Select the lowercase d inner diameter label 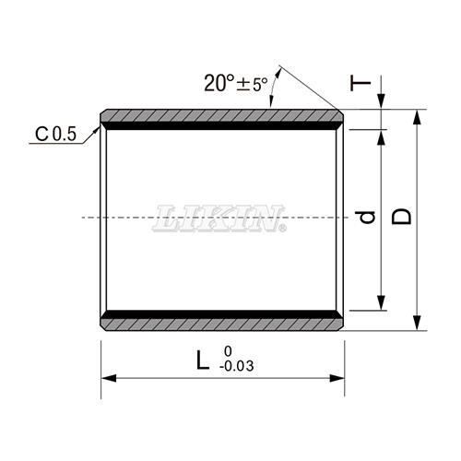(367, 219)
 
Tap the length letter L (202, 360)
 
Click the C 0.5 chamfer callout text (56, 135)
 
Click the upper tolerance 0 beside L (227, 351)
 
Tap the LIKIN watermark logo (222, 219)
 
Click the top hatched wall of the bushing (221, 116)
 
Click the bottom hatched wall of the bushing (221, 324)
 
